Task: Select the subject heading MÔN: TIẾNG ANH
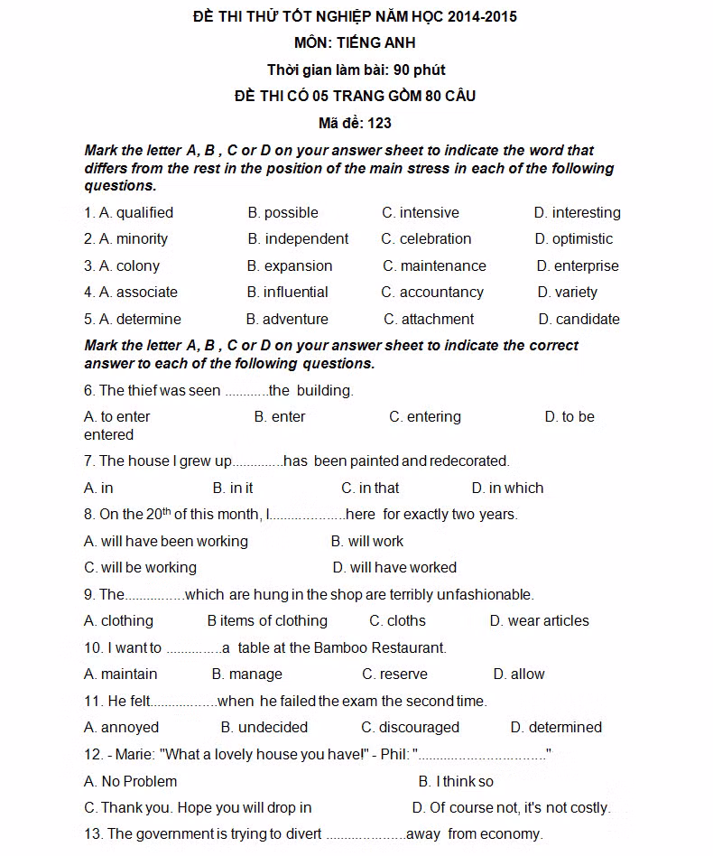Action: tap(355, 42)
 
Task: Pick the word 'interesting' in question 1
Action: tap(587, 213)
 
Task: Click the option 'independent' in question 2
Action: tap(306, 239)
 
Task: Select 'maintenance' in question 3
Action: tap(443, 266)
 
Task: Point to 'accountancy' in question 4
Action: tap(441, 293)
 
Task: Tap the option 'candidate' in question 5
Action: tap(588, 320)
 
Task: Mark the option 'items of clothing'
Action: tap(273, 621)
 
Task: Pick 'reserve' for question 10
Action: tap(403, 675)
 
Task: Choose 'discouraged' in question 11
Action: tap(419, 728)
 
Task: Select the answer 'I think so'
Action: tap(465, 782)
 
